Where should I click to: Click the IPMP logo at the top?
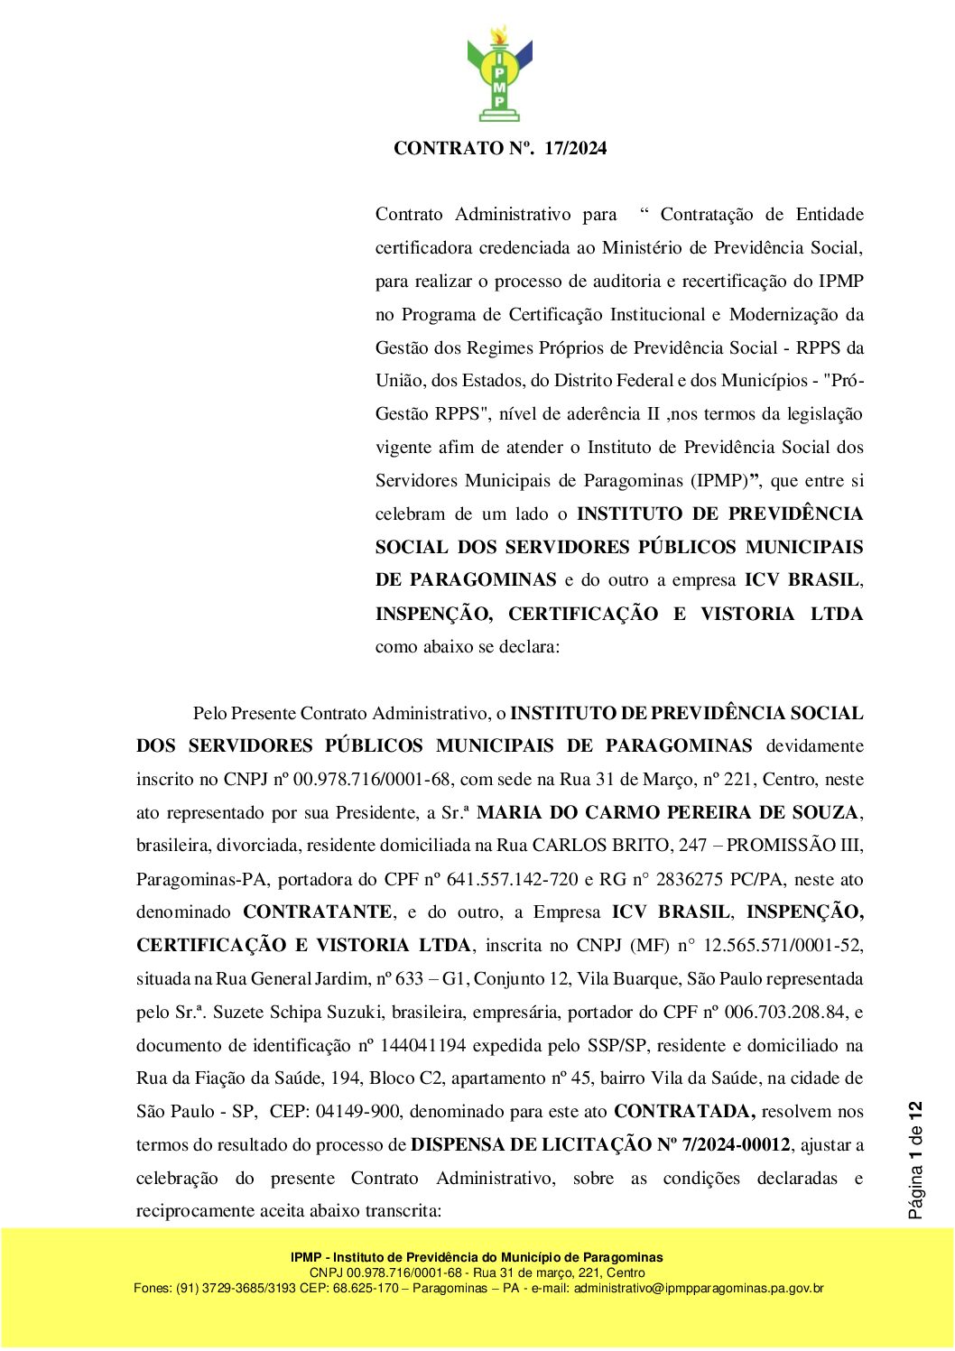(x=499, y=74)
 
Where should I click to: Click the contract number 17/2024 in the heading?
(x=575, y=148)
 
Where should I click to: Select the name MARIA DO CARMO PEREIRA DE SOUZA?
(x=668, y=813)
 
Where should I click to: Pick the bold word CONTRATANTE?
(x=317, y=912)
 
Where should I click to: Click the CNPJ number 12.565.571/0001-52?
(x=783, y=946)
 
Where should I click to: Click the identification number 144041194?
(x=423, y=1046)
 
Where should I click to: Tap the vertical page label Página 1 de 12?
(x=916, y=1161)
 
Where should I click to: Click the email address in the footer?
(x=698, y=1288)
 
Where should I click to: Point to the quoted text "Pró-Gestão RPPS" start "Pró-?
(x=843, y=381)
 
